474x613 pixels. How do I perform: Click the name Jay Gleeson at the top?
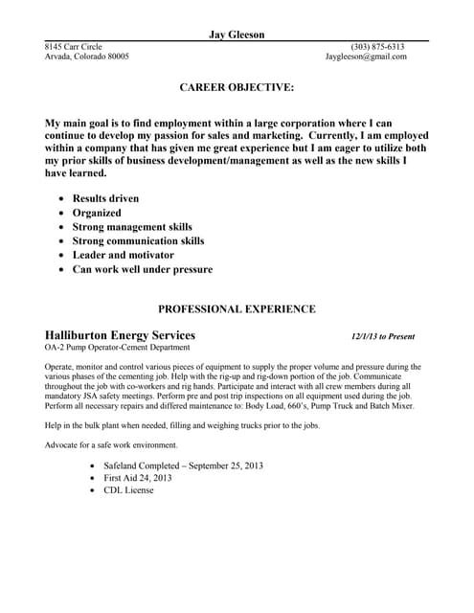pos(237,34)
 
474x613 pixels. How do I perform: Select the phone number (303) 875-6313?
pos(377,46)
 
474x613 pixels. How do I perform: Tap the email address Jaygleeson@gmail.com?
pos(366,57)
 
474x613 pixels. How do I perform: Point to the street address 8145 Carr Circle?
pos(74,46)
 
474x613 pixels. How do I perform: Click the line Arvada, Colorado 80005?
pos(87,57)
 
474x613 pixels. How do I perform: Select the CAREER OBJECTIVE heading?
pos(237,87)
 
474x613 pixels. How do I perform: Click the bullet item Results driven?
pos(105,198)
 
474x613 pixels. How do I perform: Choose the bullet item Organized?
pos(97,213)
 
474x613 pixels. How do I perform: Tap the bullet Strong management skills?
pos(132,227)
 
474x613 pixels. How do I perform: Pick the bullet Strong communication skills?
pos(138,241)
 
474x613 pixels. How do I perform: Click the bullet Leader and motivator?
pos(124,256)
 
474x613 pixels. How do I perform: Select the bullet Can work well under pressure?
pos(143,270)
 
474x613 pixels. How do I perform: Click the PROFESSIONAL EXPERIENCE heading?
pos(237,309)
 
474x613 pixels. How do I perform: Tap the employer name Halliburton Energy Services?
pos(121,336)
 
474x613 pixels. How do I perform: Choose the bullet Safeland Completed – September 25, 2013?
pos(183,465)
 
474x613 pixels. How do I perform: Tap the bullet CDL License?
pos(128,490)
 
